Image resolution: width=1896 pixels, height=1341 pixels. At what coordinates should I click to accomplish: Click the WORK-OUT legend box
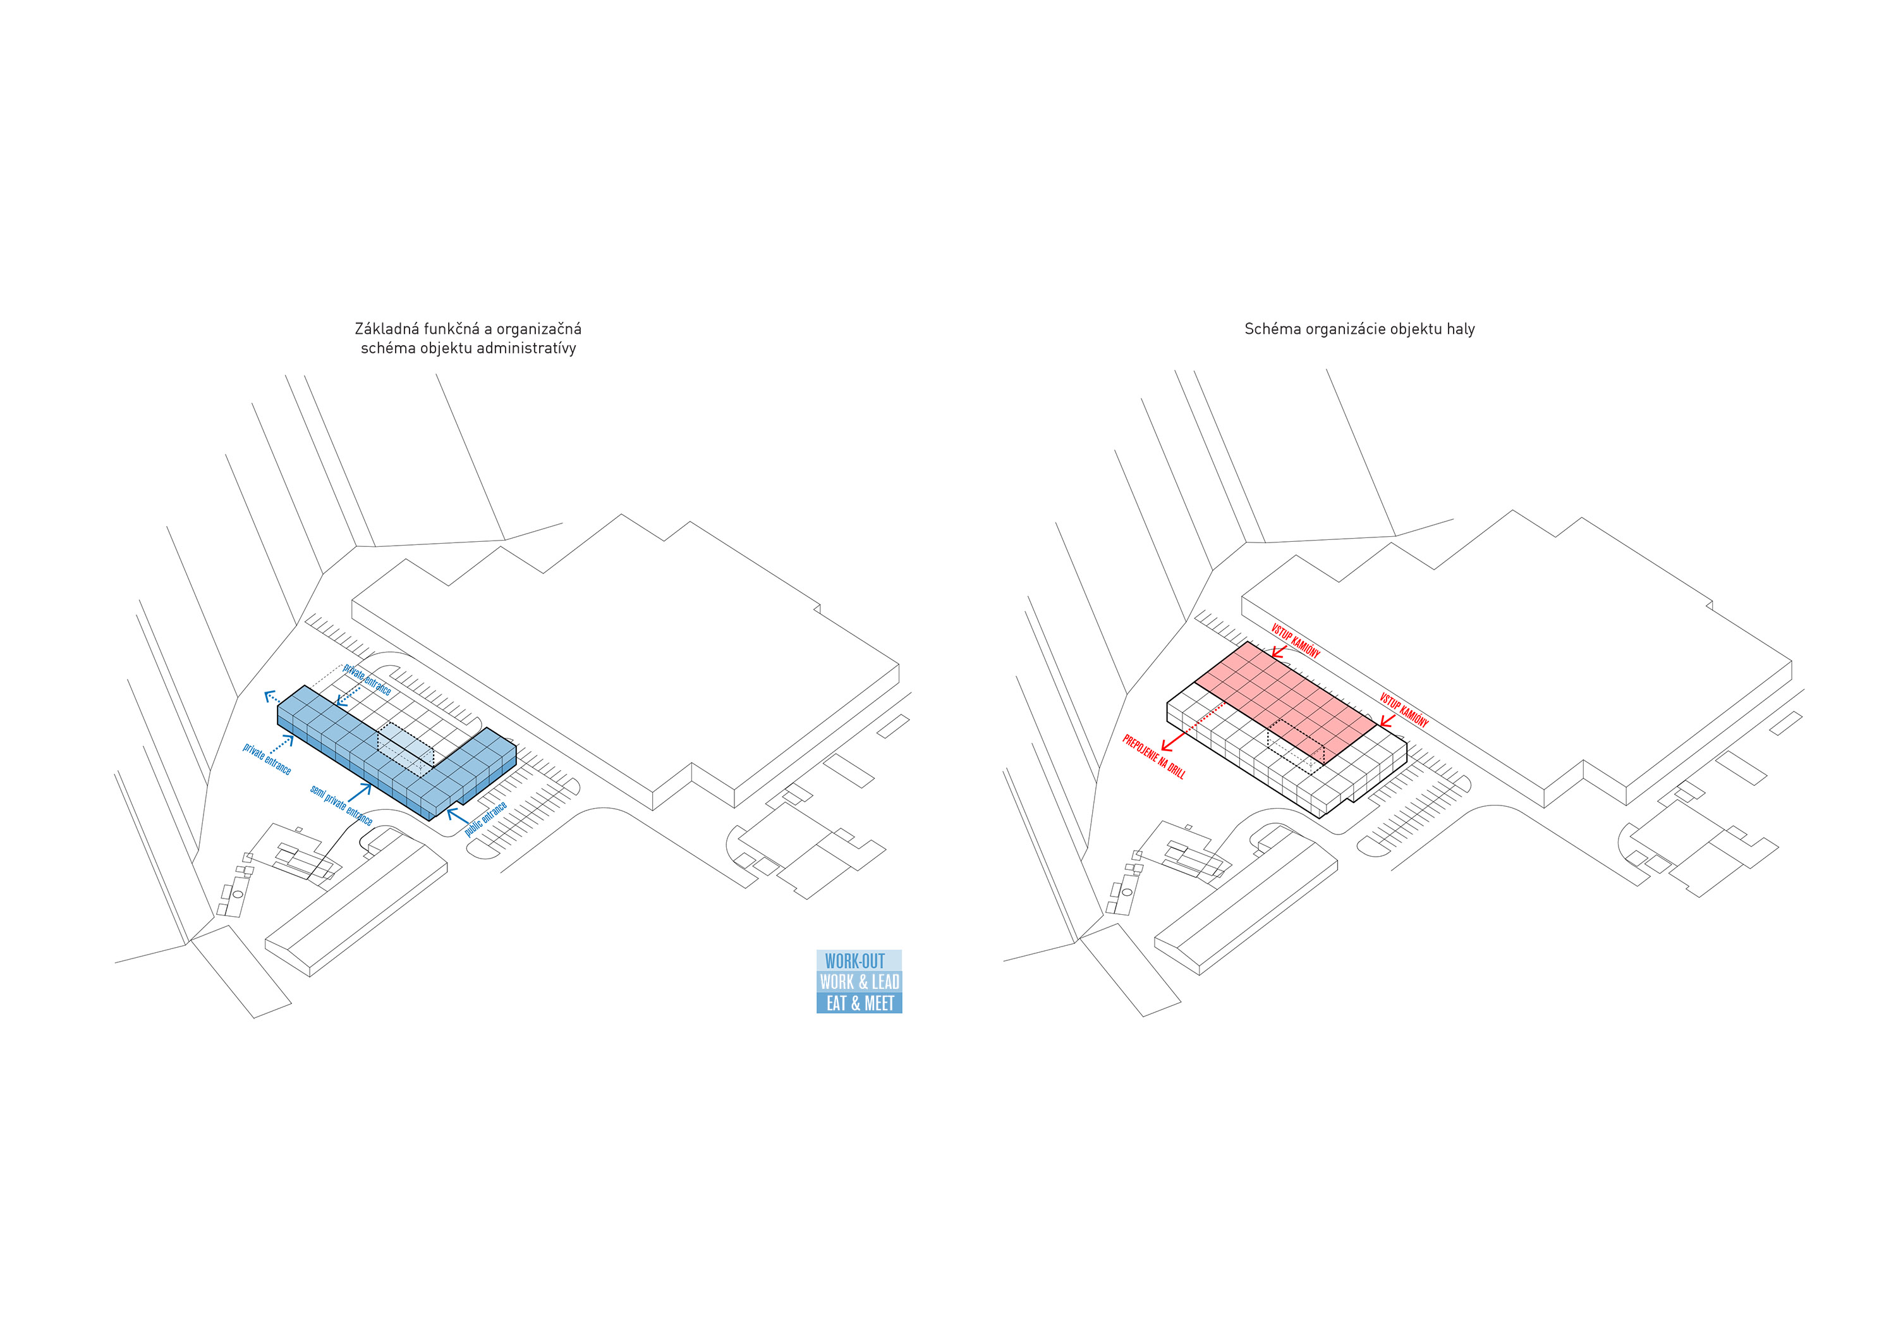(x=859, y=960)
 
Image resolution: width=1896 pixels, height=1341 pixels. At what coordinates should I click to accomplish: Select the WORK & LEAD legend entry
(x=859, y=982)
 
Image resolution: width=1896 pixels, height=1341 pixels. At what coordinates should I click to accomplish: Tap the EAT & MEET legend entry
(x=859, y=1003)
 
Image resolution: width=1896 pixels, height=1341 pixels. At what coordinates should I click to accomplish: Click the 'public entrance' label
(x=485, y=819)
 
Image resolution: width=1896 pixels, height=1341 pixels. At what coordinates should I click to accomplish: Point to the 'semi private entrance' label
(x=341, y=805)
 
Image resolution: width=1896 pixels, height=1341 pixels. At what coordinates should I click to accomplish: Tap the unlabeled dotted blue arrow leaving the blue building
(x=272, y=697)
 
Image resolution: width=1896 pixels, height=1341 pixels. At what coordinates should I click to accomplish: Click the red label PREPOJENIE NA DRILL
(x=1153, y=757)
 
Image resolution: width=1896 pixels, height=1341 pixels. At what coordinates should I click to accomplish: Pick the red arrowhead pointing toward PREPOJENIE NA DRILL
(x=1167, y=744)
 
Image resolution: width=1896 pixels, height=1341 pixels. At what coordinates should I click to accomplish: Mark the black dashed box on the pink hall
(x=1296, y=746)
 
